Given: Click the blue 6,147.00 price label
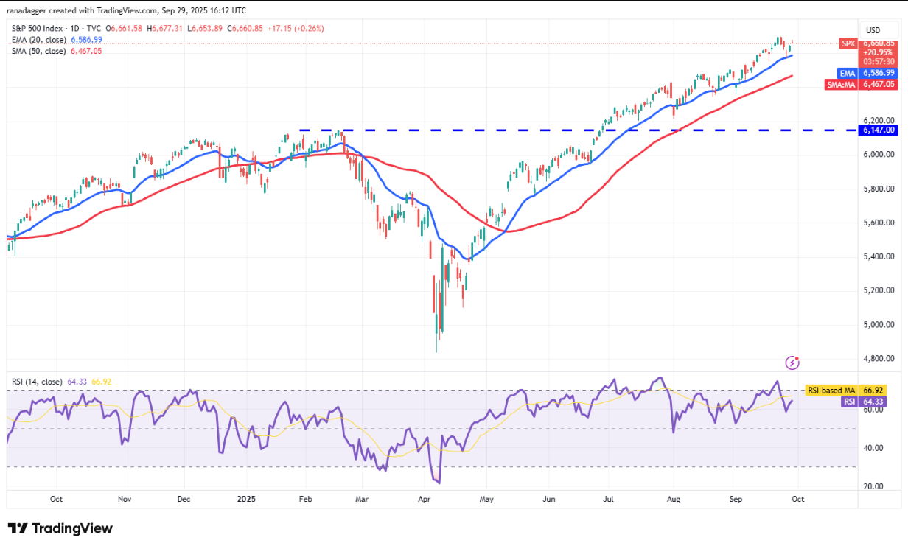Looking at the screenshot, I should pyautogui.click(x=879, y=130).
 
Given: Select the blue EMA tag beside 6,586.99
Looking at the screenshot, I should pyautogui.click(x=847, y=73).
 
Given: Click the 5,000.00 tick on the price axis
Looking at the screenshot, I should pyautogui.click(x=879, y=324).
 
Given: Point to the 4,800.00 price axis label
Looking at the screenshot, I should pyautogui.click(x=879, y=359).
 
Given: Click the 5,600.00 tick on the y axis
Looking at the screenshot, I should pyautogui.click(x=879, y=223).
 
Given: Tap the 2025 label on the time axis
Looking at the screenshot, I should pyautogui.click(x=245, y=498).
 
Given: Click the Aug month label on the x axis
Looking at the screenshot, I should pyautogui.click(x=673, y=498).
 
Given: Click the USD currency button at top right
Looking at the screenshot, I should pyautogui.click(x=873, y=30).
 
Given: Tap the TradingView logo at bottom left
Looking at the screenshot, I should pyautogui.click(x=60, y=528).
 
